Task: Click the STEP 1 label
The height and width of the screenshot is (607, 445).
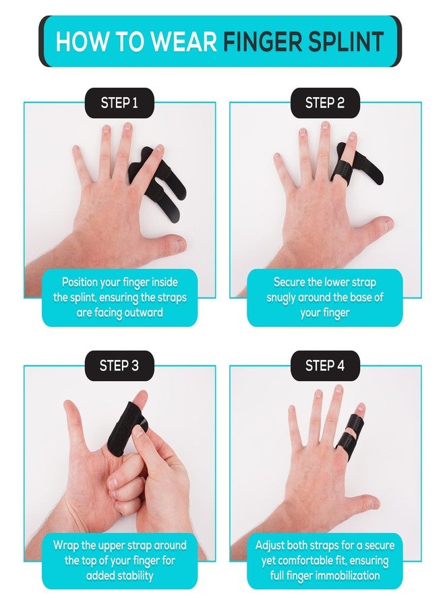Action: pos(119,103)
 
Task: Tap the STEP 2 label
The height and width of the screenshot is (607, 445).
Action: pos(325,103)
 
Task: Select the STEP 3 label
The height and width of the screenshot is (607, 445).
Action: pos(119,366)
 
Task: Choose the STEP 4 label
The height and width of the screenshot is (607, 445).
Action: pos(325,366)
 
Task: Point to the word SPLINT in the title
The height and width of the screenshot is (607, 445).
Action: pos(345,41)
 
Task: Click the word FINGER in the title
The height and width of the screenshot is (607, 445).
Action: pos(262,41)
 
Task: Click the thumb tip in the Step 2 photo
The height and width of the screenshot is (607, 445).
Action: pos(387,223)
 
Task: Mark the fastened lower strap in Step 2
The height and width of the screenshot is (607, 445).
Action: pos(341,170)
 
